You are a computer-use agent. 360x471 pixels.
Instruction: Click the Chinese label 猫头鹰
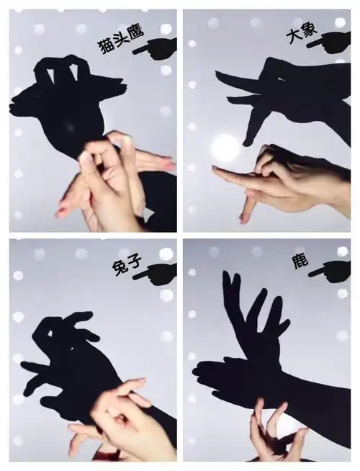coord(122,40)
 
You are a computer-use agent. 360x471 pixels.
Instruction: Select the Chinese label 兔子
coord(127,265)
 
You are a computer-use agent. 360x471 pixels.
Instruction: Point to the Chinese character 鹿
coord(300,261)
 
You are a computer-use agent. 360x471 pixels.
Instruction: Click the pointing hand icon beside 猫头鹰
coord(156,48)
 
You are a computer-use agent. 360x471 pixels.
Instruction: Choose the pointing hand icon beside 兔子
coord(156,274)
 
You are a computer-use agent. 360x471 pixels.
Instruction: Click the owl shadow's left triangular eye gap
coord(50,74)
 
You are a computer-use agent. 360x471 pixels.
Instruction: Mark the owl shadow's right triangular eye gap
coord(73,73)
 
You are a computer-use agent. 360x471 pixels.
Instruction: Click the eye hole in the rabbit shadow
coord(50,333)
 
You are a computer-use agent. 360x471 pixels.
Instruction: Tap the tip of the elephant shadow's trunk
coord(246,144)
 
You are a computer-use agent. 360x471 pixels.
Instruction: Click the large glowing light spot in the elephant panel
coord(226,145)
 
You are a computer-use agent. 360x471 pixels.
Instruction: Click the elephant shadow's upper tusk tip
coord(217,73)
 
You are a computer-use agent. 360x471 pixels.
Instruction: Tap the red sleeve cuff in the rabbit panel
coord(104,456)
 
